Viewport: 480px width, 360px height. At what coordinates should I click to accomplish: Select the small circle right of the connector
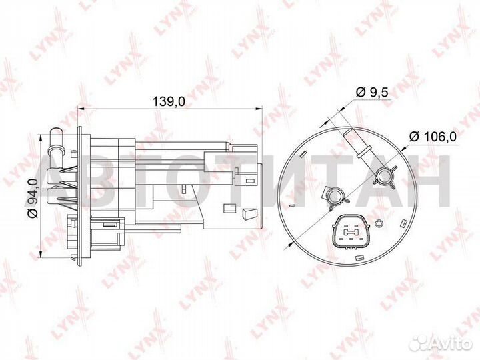click(x=378, y=223)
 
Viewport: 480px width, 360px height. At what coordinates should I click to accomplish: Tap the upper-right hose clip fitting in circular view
click(x=385, y=177)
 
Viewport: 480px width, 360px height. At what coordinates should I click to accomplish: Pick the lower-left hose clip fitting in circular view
click(x=335, y=195)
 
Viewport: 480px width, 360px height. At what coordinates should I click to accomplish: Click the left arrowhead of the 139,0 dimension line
click(x=81, y=108)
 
